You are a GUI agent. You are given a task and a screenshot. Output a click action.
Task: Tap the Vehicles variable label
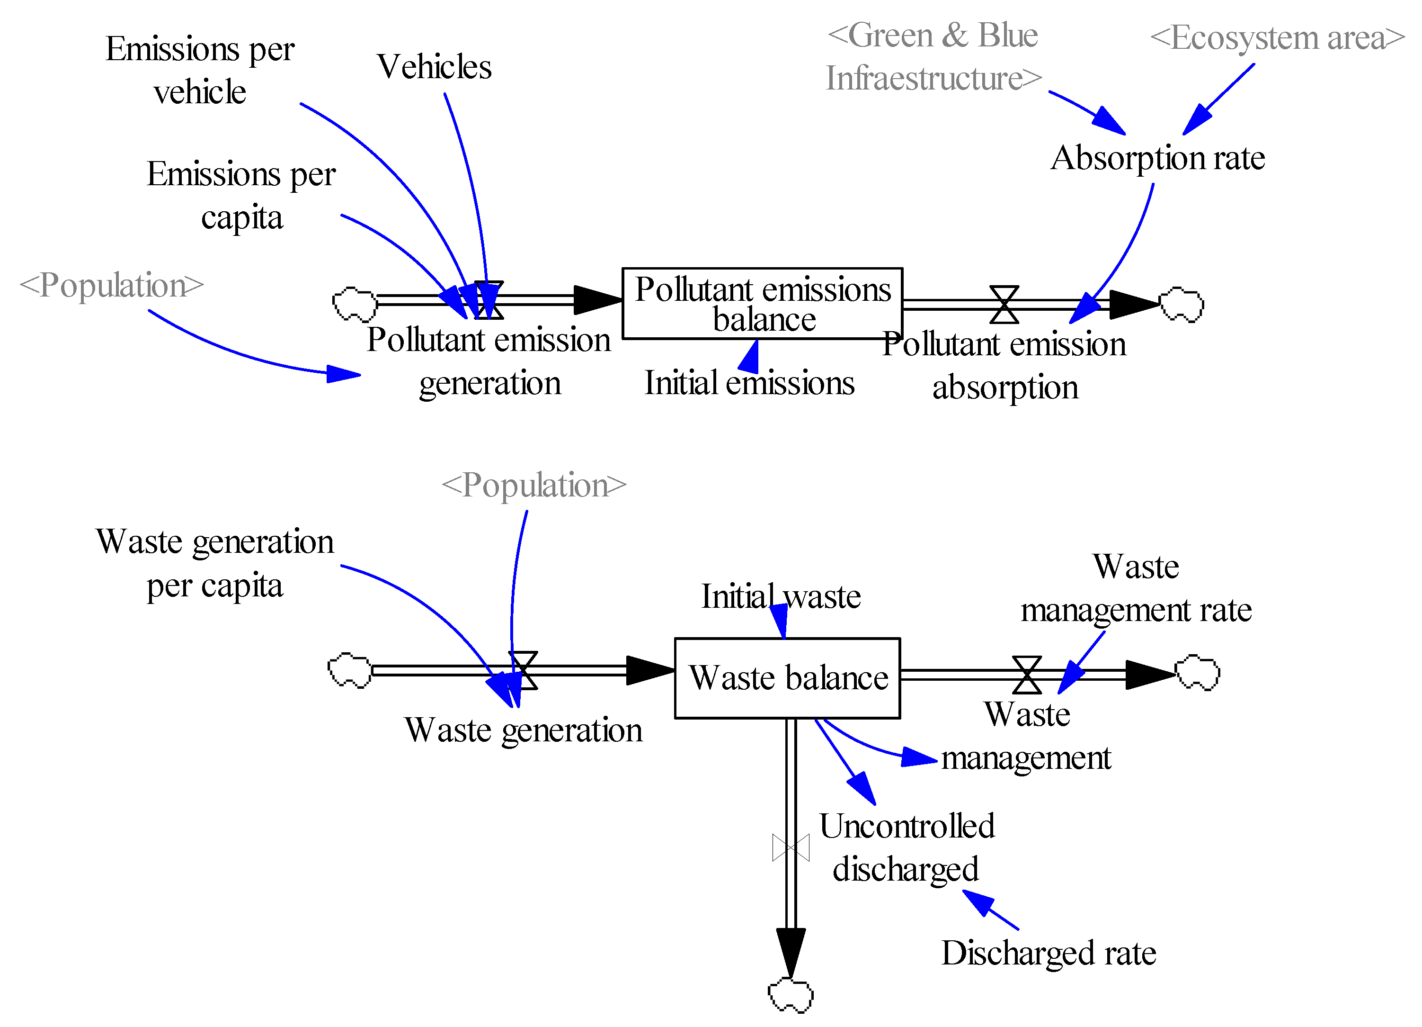pos(434,66)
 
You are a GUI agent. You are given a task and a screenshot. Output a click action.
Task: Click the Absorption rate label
pos(1158,158)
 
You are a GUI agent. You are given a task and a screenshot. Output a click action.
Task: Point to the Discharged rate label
pos(1049,953)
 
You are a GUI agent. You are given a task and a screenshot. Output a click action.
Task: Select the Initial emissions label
pos(750,383)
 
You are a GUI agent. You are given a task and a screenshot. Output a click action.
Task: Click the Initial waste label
pos(781,596)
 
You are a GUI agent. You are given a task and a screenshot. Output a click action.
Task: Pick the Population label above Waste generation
pos(534,486)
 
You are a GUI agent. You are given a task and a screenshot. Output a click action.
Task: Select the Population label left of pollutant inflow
pos(112,286)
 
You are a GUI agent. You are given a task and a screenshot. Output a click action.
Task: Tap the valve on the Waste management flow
pos(1027,675)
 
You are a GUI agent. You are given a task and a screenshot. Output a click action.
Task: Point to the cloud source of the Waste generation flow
pos(350,671)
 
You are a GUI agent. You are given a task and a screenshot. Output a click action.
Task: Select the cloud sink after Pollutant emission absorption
pos(1181,305)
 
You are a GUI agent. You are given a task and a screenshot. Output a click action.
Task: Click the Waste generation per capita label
pos(214,563)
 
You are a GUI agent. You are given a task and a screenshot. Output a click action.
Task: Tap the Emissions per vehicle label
pos(200,70)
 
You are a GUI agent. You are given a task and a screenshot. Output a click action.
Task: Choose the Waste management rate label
pos(1136,588)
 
